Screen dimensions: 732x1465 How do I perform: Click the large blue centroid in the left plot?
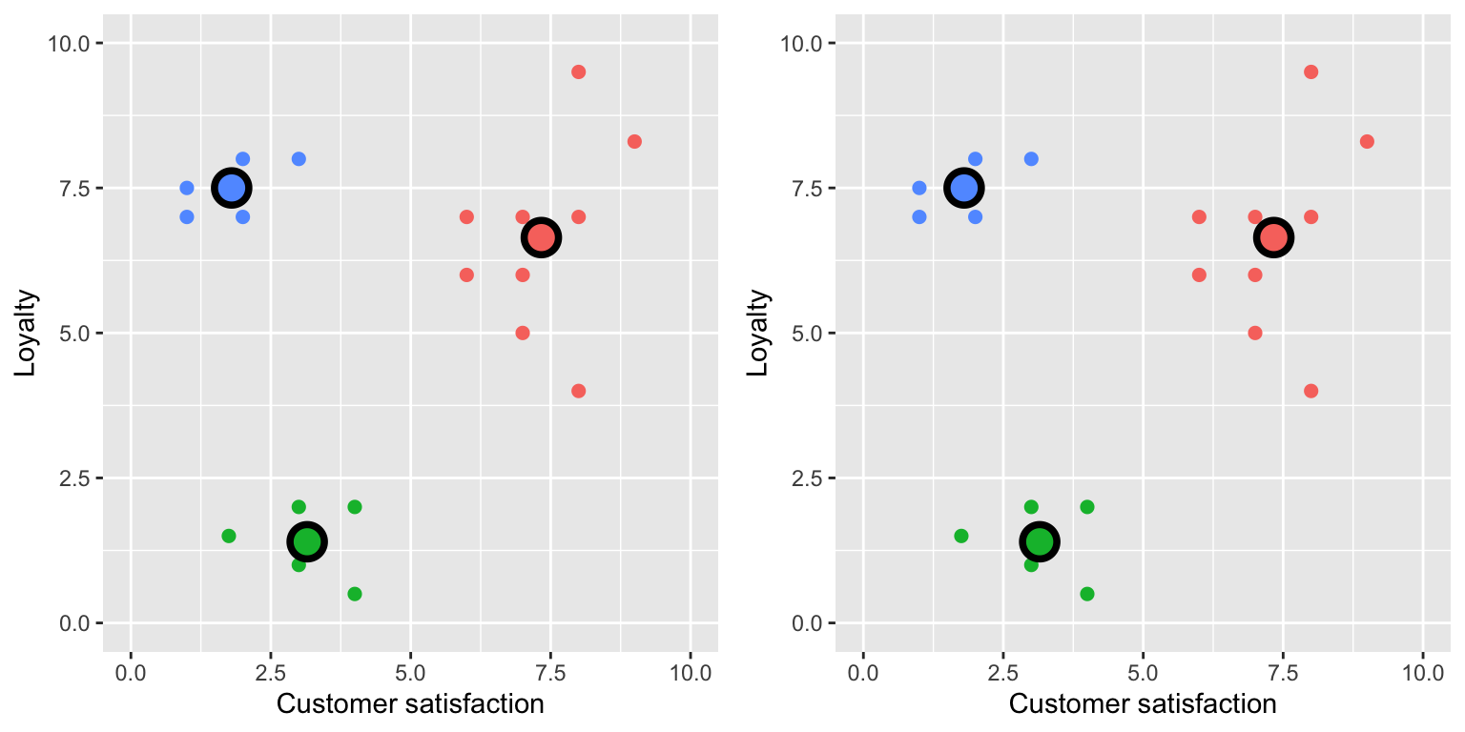[232, 188]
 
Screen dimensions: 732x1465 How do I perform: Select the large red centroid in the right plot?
[1273, 237]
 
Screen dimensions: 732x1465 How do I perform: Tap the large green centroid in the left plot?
[307, 541]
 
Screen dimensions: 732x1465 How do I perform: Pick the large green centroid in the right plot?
[1040, 541]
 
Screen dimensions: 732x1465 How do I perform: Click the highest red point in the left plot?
[578, 72]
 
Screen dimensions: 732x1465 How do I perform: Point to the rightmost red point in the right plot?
[1367, 141]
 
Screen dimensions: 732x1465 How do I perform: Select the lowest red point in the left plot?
[578, 391]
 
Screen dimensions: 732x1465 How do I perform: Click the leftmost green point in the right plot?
[961, 536]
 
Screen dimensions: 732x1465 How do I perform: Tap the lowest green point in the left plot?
[355, 594]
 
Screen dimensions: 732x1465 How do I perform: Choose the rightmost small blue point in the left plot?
[299, 159]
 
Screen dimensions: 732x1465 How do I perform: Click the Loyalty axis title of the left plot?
[26, 334]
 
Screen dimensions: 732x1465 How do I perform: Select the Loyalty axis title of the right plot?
[758, 334]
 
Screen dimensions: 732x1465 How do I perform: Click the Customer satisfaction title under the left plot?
[410, 704]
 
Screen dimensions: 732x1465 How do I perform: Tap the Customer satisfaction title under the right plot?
[1143, 704]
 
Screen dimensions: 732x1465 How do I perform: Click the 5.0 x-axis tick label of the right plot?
[1143, 673]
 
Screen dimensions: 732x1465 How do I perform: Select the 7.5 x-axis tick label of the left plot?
[550, 673]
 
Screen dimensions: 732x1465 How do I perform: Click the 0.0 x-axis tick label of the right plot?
[863, 673]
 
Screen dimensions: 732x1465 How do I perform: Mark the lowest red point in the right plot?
[1310, 391]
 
